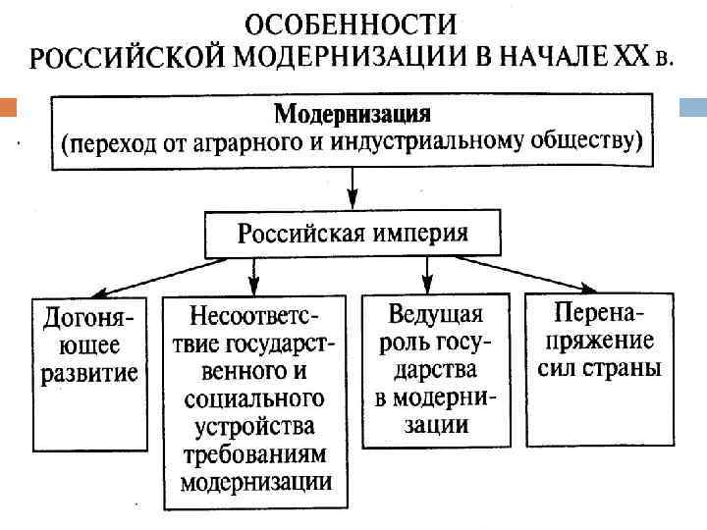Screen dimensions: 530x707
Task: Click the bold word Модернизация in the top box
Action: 352,113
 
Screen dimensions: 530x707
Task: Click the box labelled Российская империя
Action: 352,234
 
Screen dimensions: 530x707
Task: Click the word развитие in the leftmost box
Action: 88,374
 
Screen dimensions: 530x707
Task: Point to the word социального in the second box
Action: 254,399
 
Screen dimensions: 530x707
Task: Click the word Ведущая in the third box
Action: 436,315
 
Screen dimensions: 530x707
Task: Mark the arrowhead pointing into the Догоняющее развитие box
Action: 103,291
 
